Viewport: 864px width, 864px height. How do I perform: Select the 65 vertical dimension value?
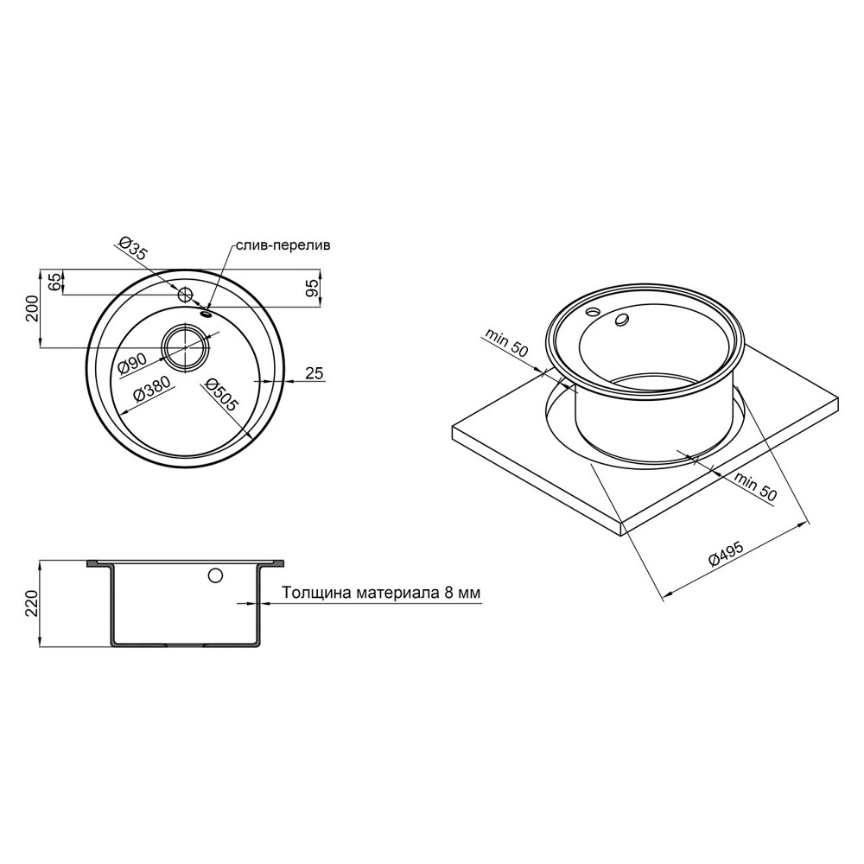pyautogui.click(x=54, y=282)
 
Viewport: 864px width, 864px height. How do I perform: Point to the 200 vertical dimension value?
pyautogui.click(x=31, y=308)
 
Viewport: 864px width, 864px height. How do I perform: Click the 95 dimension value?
pyautogui.click(x=313, y=287)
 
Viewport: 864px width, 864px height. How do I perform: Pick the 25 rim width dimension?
pyautogui.click(x=314, y=372)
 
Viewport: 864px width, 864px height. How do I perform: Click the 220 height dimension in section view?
pyautogui.click(x=31, y=604)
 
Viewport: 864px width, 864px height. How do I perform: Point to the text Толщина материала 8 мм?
pyautogui.click(x=380, y=594)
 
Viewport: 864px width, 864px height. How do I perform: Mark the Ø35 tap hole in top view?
pyautogui.click(x=184, y=294)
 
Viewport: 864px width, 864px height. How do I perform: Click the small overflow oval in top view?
pyautogui.click(x=206, y=314)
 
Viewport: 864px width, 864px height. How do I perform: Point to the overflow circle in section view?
pyautogui.click(x=215, y=575)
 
